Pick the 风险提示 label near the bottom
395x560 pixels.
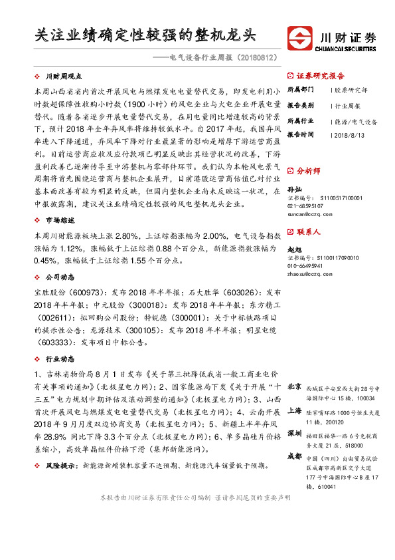(59, 466)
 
